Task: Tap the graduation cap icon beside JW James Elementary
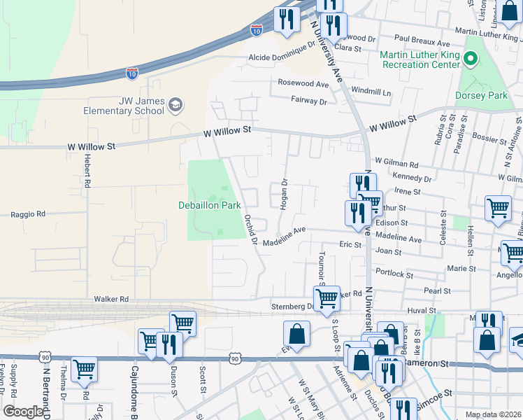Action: (175, 106)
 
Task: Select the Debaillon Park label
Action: (209, 206)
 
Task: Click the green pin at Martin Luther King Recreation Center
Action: (470, 60)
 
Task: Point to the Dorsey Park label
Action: (481, 95)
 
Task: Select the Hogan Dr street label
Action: (285, 192)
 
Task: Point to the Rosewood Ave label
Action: (303, 83)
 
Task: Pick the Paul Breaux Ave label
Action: (420, 38)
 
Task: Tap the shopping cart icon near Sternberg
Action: (327, 297)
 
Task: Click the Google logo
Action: (23, 412)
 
